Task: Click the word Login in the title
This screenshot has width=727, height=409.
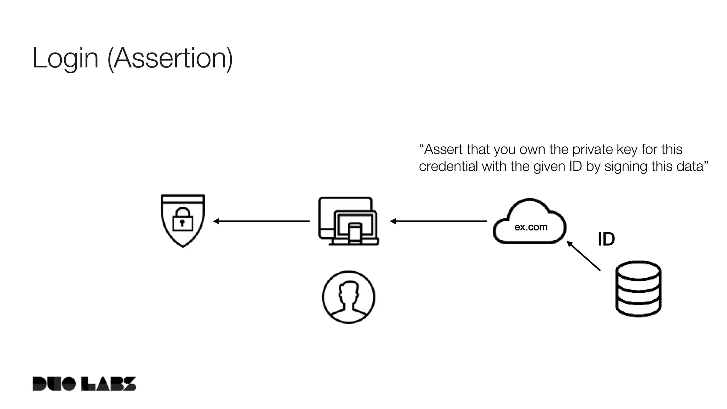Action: point(65,59)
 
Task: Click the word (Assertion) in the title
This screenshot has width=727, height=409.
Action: point(170,59)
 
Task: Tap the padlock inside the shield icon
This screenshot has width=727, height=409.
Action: point(182,220)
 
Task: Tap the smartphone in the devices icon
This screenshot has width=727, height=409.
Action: point(355,233)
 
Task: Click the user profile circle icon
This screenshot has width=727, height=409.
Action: point(348,297)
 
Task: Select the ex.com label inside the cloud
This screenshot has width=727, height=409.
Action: point(531,227)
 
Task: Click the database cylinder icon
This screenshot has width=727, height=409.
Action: point(638,289)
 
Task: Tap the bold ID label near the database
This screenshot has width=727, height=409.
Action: point(606,239)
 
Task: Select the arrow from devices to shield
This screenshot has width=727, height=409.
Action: point(262,221)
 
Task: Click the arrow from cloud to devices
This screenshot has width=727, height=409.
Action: point(438,221)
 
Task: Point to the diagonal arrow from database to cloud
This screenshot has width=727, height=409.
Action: point(584,256)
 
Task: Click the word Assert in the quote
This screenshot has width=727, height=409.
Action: point(443,149)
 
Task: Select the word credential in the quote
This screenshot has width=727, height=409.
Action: point(448,167)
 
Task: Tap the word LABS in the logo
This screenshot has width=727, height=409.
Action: point(109,384)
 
